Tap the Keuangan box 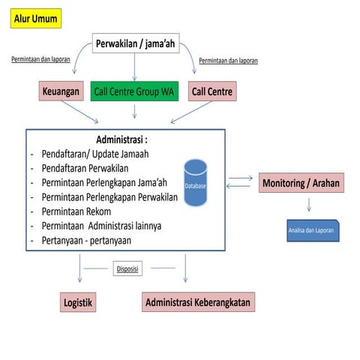point(60,91)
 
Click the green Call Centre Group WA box point(134,91)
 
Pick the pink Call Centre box point(212,91)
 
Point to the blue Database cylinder point(196,183)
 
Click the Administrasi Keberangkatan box point(198,302)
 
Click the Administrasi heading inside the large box point(121,139)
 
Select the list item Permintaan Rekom point(79,211)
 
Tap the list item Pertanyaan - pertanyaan point(86,240)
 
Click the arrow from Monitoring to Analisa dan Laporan point(308,204)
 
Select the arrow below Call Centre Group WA point(134,112)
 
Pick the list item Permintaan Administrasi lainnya point(102,226)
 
